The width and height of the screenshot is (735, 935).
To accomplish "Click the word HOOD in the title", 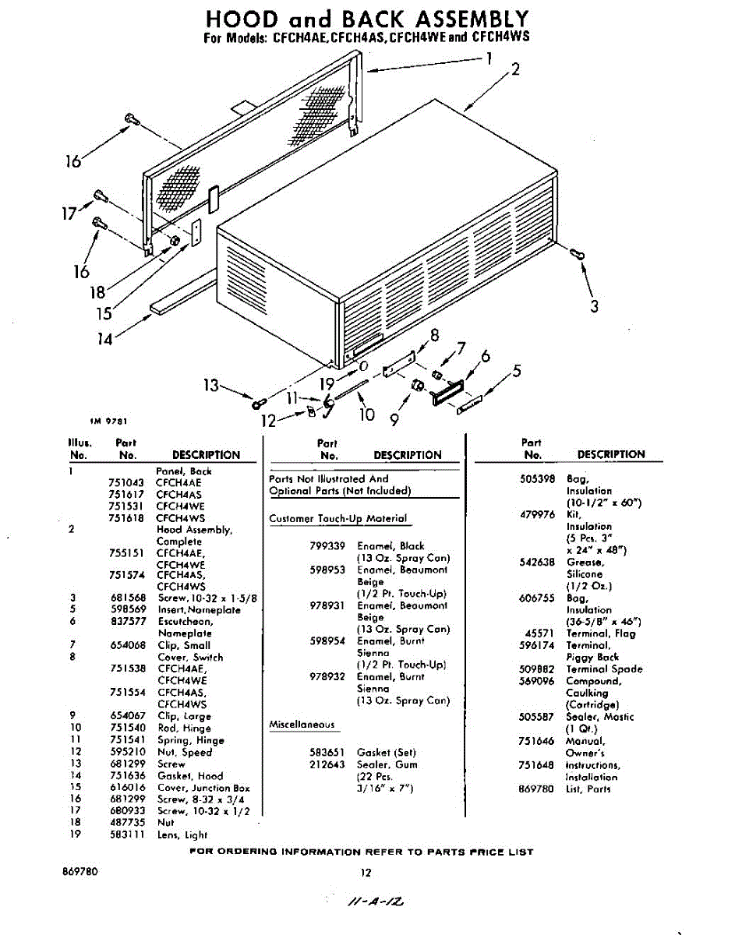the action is click(x=242, y=19).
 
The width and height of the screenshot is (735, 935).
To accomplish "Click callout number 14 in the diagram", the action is click(x=104, y=339).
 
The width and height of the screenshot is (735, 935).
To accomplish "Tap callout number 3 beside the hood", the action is click(x=594, y=306).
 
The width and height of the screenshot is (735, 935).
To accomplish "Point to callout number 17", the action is click(x=69, y=213).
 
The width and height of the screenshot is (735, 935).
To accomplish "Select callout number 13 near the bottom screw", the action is click(x=211, y=385).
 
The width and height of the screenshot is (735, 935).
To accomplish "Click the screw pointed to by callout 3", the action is click(x=577, y=253).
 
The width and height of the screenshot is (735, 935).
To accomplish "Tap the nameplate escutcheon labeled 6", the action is click(x=448, y=393).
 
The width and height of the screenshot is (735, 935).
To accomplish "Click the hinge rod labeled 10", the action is click(x=352, y=390).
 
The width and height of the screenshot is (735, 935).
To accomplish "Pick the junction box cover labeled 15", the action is click(x=196, y=232).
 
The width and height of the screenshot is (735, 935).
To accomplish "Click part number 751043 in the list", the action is click(x=125, y=483).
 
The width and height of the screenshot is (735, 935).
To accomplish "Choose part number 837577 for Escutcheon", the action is click(x=129, y=621).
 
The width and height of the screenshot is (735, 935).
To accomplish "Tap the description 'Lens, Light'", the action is click(x=182, y=835).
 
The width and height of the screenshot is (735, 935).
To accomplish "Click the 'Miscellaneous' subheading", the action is click(x=302, y=725).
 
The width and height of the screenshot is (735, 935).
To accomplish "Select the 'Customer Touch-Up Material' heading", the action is click(x=337, y=518).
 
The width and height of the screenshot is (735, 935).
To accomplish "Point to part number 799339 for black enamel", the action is click(x=327, y=546).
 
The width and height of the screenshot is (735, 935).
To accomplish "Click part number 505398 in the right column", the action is click(x=538, y=479).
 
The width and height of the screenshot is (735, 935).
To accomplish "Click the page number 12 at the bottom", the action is click(x=366, y=873).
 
